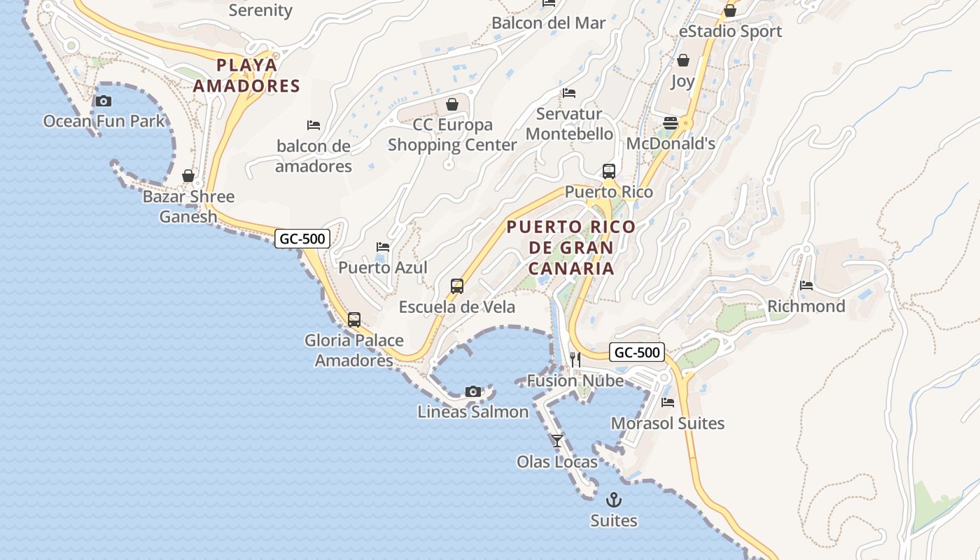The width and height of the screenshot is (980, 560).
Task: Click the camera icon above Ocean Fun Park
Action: coord(104,101)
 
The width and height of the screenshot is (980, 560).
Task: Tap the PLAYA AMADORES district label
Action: coord(246,76)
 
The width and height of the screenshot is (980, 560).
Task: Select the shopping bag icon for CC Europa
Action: coord(452,104)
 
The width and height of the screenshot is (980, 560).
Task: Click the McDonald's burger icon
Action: coord(671,123)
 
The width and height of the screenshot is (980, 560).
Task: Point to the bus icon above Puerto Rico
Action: coord(609,171)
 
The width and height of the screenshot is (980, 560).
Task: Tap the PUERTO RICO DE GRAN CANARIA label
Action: coord(571,248)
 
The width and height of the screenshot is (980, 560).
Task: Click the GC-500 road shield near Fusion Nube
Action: coord(636,352)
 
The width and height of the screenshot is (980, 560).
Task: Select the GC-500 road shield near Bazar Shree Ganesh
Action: coord(302,239)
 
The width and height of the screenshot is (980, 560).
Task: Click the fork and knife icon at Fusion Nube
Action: coord(575,360)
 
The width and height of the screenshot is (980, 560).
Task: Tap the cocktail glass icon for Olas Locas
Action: coord(557,441)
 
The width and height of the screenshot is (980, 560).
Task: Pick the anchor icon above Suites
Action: coord(614,500)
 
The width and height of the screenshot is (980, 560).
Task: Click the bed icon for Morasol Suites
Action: coord(668,402)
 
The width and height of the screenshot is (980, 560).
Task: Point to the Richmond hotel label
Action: coord(806,307)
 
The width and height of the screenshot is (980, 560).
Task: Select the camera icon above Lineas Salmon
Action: coord(473,391)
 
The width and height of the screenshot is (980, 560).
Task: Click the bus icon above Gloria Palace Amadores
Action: coord(354,320)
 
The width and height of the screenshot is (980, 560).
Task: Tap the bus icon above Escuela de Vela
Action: coord(457,286)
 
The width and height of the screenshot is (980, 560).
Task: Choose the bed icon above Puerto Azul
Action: coord(383,246)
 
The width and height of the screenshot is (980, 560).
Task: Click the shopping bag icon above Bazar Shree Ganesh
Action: coord(188,176)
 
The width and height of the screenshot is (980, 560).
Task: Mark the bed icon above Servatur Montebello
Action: coord(569,93)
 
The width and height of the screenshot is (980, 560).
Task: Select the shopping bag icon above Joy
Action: coord(683,60)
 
